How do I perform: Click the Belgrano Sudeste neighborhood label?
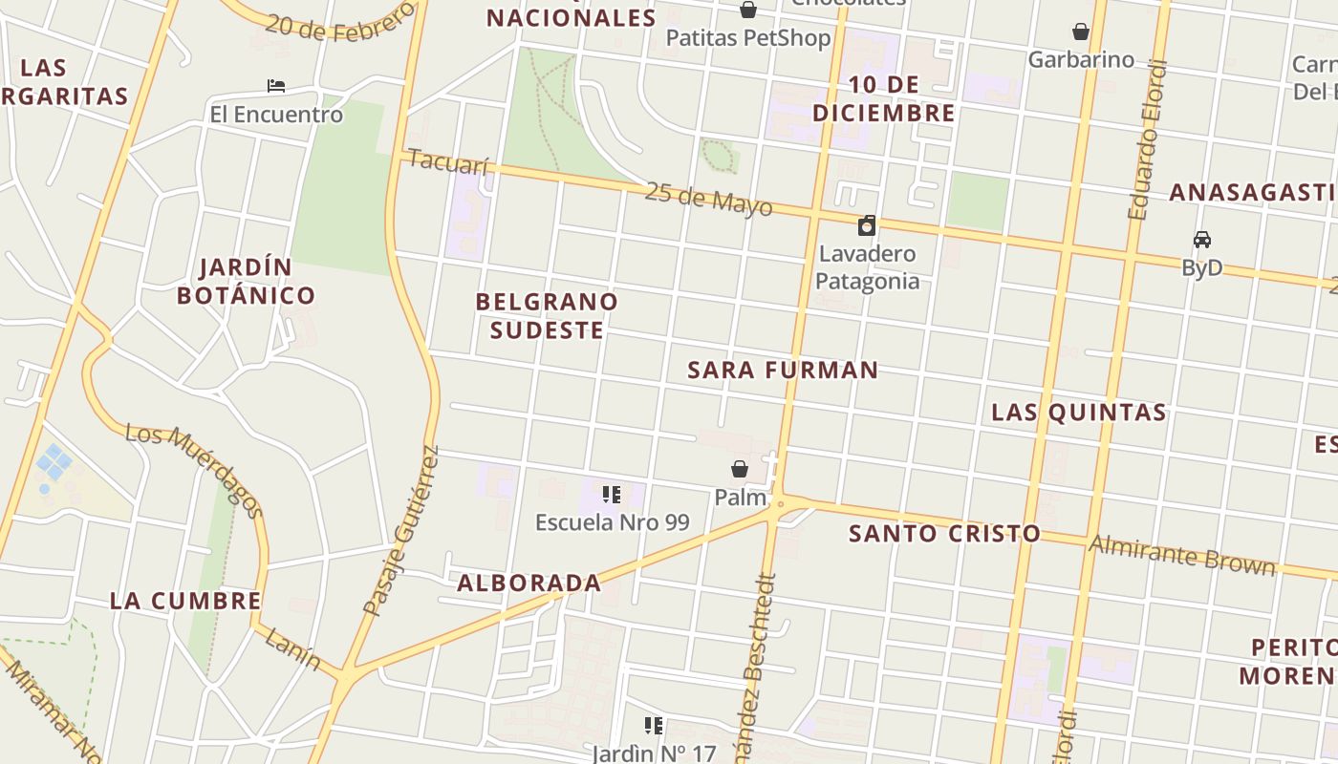click(547, 316)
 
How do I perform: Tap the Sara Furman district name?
click(783, 371)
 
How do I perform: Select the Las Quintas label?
click(1079, 413)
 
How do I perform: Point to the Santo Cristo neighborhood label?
click(944, 534)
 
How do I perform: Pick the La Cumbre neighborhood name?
click(185, 601)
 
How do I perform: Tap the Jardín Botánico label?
click(247, 281)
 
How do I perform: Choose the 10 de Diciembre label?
click(883, 99)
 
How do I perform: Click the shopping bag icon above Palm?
click(740, 469)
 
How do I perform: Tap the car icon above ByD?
click(1201, 240)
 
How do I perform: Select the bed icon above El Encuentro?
click(276, 86)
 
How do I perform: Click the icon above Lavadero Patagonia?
click(867, 225)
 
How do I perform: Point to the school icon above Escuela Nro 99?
click(612, 495)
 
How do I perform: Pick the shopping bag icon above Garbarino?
click(1081, 32)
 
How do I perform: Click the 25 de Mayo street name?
click(708, 199)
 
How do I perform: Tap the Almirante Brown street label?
click(1182, 554)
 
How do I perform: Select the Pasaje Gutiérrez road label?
click(402, 531)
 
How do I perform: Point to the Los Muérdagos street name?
click(195, 469)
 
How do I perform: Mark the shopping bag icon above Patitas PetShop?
click(748, 10)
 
